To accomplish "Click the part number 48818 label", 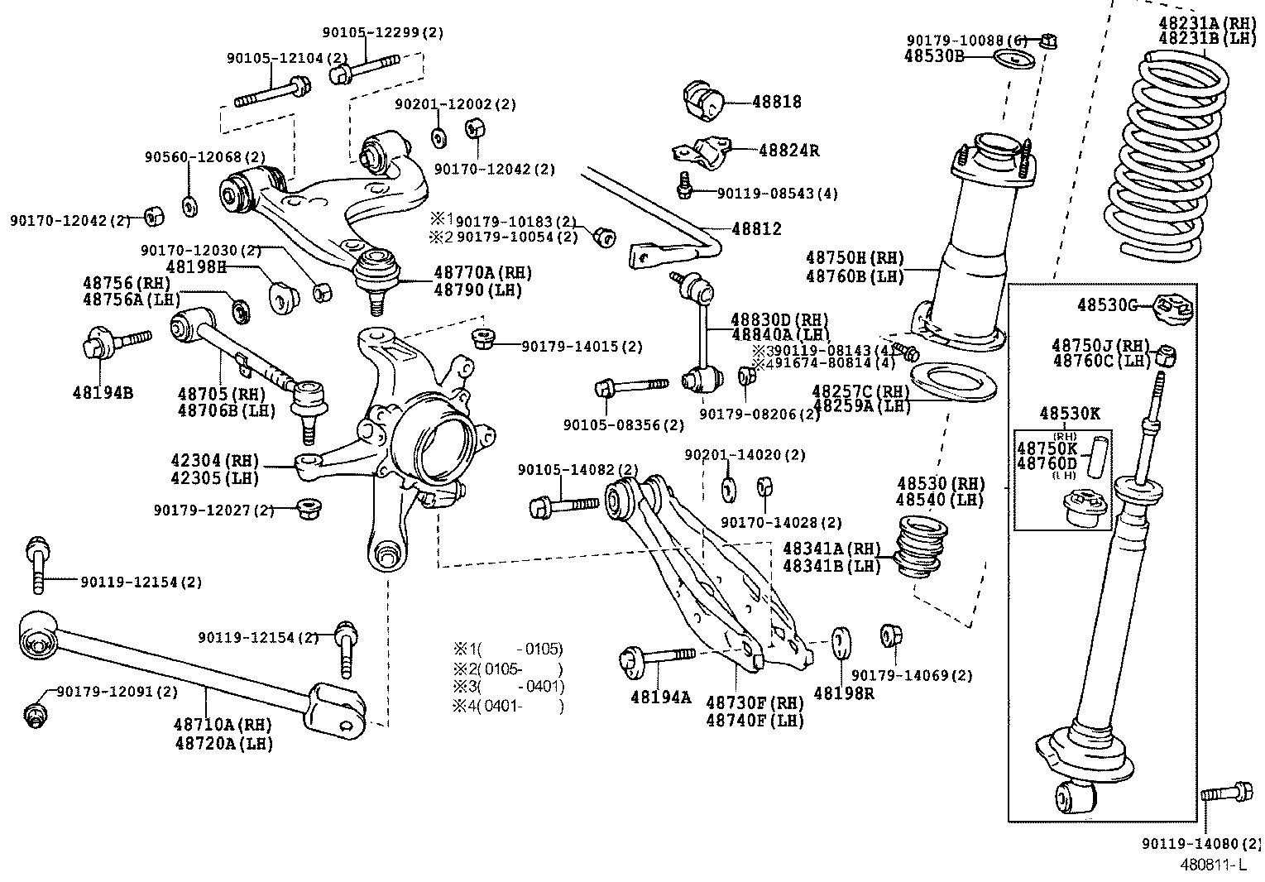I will (776, 102).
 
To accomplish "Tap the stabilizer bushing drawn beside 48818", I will (703, 100).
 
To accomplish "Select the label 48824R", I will (788, 151).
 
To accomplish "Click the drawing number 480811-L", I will (1212, 865).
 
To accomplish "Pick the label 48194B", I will (103, 392).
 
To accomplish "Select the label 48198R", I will (843, 693).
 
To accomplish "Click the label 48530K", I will (1070, 413).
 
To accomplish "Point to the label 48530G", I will (1107, 305).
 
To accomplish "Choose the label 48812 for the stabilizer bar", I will (755, 229).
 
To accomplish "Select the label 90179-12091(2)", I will (117, 691).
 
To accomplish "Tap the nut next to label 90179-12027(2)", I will (309, 506).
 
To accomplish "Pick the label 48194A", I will (659, 697).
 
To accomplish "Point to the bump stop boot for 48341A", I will (920, 546).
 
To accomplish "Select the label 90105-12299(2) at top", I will (382, 33).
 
